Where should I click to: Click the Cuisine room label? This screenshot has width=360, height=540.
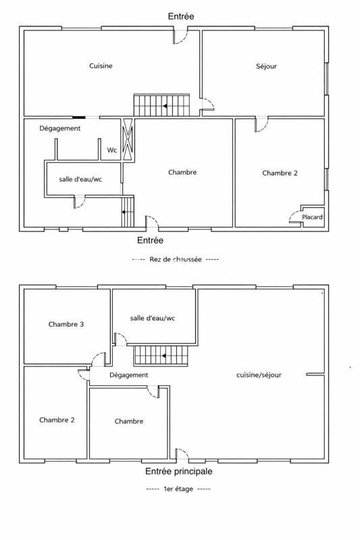tap(101, 66)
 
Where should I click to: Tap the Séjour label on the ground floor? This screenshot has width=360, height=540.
tap(267, 66)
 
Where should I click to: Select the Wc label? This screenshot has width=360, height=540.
tap(111, 151)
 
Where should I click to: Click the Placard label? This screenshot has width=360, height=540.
tap(312, 217)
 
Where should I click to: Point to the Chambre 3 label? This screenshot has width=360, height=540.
tap(66, 325)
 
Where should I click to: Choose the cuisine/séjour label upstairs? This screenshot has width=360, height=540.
tap(259, 375)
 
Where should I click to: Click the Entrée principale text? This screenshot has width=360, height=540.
tap(179, 472)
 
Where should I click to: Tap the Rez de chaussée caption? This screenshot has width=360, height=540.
tap(175, 259)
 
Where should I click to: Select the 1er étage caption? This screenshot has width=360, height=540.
tap(178, 489)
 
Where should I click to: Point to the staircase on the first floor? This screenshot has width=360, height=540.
tap(159, 355)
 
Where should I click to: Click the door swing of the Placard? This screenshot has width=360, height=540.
tap(294, 217)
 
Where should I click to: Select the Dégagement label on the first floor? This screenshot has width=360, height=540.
tap(128, 375)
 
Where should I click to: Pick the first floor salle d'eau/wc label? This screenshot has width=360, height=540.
tap(153, 318)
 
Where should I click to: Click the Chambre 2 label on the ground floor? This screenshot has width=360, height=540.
tap(280, 173)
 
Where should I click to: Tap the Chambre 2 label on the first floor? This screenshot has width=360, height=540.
tap(57, 420)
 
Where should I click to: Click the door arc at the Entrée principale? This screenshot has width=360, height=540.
tap(182, 455)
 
